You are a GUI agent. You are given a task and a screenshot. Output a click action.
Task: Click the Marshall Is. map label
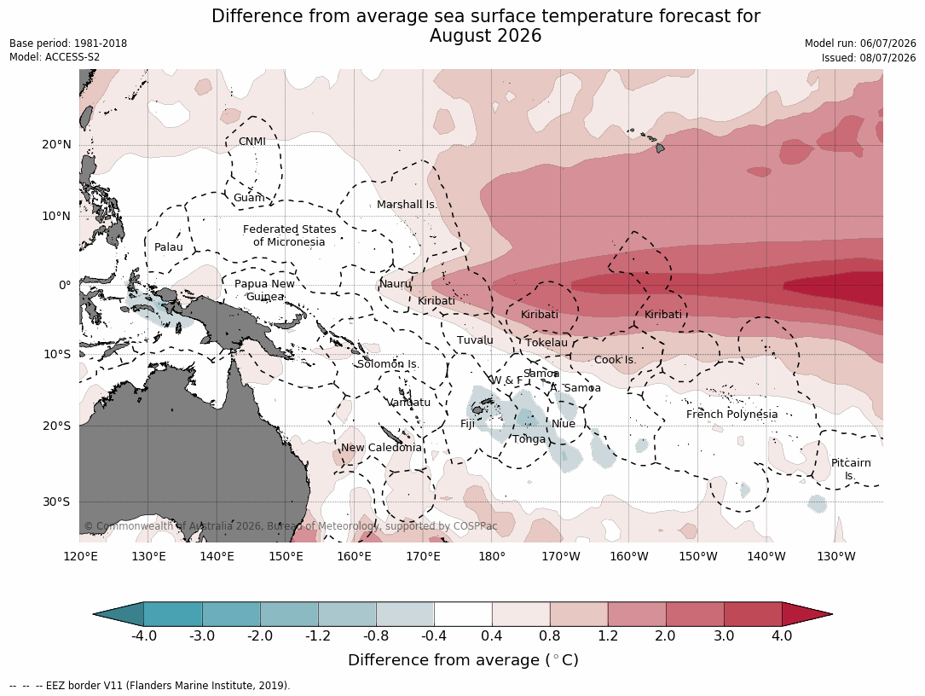coord(407,204)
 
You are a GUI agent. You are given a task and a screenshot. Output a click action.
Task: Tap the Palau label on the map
coord(169,246)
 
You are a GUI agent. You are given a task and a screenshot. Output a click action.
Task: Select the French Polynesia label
coord(731,414)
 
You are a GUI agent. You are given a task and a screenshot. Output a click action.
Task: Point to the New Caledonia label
coord(381,447)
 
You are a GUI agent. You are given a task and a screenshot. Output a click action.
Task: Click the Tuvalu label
coord(475,340)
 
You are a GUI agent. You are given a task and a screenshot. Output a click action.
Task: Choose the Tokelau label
coord(546,342)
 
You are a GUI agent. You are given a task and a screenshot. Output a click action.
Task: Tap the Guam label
coord(249,198)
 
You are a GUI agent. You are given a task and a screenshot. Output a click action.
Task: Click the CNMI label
coord(251,141)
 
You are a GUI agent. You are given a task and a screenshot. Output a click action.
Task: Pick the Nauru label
coord(395,283)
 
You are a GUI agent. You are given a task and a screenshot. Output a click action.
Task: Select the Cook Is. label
coord(616,359)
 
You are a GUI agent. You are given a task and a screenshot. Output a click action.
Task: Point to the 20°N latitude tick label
coord(56,145)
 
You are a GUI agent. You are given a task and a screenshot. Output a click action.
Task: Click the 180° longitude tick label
coord(491,556)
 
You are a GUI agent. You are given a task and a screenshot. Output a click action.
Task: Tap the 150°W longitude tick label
coord(698,556)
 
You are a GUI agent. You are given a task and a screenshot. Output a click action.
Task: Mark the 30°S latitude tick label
coord(56,502)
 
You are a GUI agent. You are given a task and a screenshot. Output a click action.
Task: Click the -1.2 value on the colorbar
coord(318,635)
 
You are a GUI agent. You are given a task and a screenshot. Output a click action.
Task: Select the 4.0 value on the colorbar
coord(782,635)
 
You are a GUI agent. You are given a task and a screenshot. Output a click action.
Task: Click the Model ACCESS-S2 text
coord(55,57)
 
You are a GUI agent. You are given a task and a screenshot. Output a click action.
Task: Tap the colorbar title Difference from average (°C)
coord(463,660)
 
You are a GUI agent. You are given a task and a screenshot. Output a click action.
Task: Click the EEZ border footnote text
coord(150,686)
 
